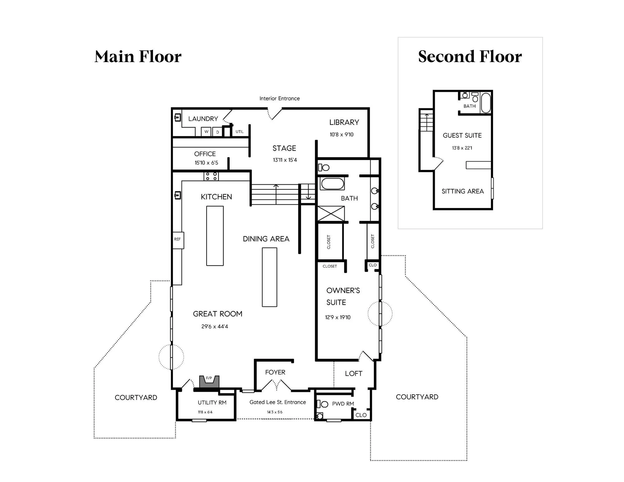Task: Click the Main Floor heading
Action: click(x=138, y=56)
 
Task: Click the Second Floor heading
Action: click(x=470, y=56)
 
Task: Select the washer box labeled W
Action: click(x=206, y=132)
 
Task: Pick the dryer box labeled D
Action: click(x=217, y=132)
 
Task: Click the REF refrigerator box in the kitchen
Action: click(x=178, y=239)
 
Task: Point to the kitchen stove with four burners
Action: click(x=211, y=176)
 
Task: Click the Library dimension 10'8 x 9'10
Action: click(x=342, y=134)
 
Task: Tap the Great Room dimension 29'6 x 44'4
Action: click(x=215, y=327)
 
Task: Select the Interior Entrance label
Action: click(x=280, y=99)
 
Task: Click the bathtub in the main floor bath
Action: click(x=333, y=184)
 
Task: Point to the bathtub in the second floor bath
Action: click(x=486, y=103)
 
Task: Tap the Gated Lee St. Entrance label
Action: click(x=278, y=402)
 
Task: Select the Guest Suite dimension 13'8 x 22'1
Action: click(x=462, y=148)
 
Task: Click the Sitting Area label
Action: click(x=463, y=191)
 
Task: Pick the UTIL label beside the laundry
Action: click(x=240, y=132)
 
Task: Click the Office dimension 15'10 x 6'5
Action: click(x=206, y=163)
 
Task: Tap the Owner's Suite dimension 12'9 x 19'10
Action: click(x=338, y=317)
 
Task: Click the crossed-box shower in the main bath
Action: click(x=331, y=214)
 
